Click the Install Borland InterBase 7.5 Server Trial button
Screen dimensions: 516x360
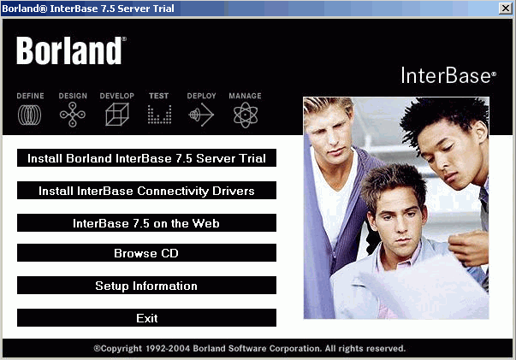(x=146, y=158)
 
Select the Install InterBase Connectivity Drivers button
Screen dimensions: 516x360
(x=146, y=191)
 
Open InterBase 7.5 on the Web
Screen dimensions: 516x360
(x=146, y=223)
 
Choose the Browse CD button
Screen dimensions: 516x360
(x=146, y=252)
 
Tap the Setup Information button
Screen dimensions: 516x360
(x=146, y=285)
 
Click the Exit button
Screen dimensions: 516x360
(x=146, y=317)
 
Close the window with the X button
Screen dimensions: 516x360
(x=506, y=9)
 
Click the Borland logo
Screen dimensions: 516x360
(x=71, y=50)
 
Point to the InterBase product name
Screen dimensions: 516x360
(x=448, y=75)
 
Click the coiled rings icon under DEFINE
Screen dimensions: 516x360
(x=30, y=115)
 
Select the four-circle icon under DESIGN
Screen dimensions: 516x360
(x=73, y=115)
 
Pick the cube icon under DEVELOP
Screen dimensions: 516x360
(x=117, y=115)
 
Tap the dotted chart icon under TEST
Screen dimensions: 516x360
(x=160, y=115)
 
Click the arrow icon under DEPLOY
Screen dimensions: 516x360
(x=201, y=115)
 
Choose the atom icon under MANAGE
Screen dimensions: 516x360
(x=246, y=115)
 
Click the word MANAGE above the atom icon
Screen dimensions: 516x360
(x=246, y=96)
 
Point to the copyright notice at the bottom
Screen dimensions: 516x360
(x=250, y=348)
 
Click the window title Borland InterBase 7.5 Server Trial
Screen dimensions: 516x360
(x=88, y=9)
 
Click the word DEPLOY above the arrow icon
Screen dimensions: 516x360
(x=201, y=96)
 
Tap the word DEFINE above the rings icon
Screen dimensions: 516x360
(x=30, y=96)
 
